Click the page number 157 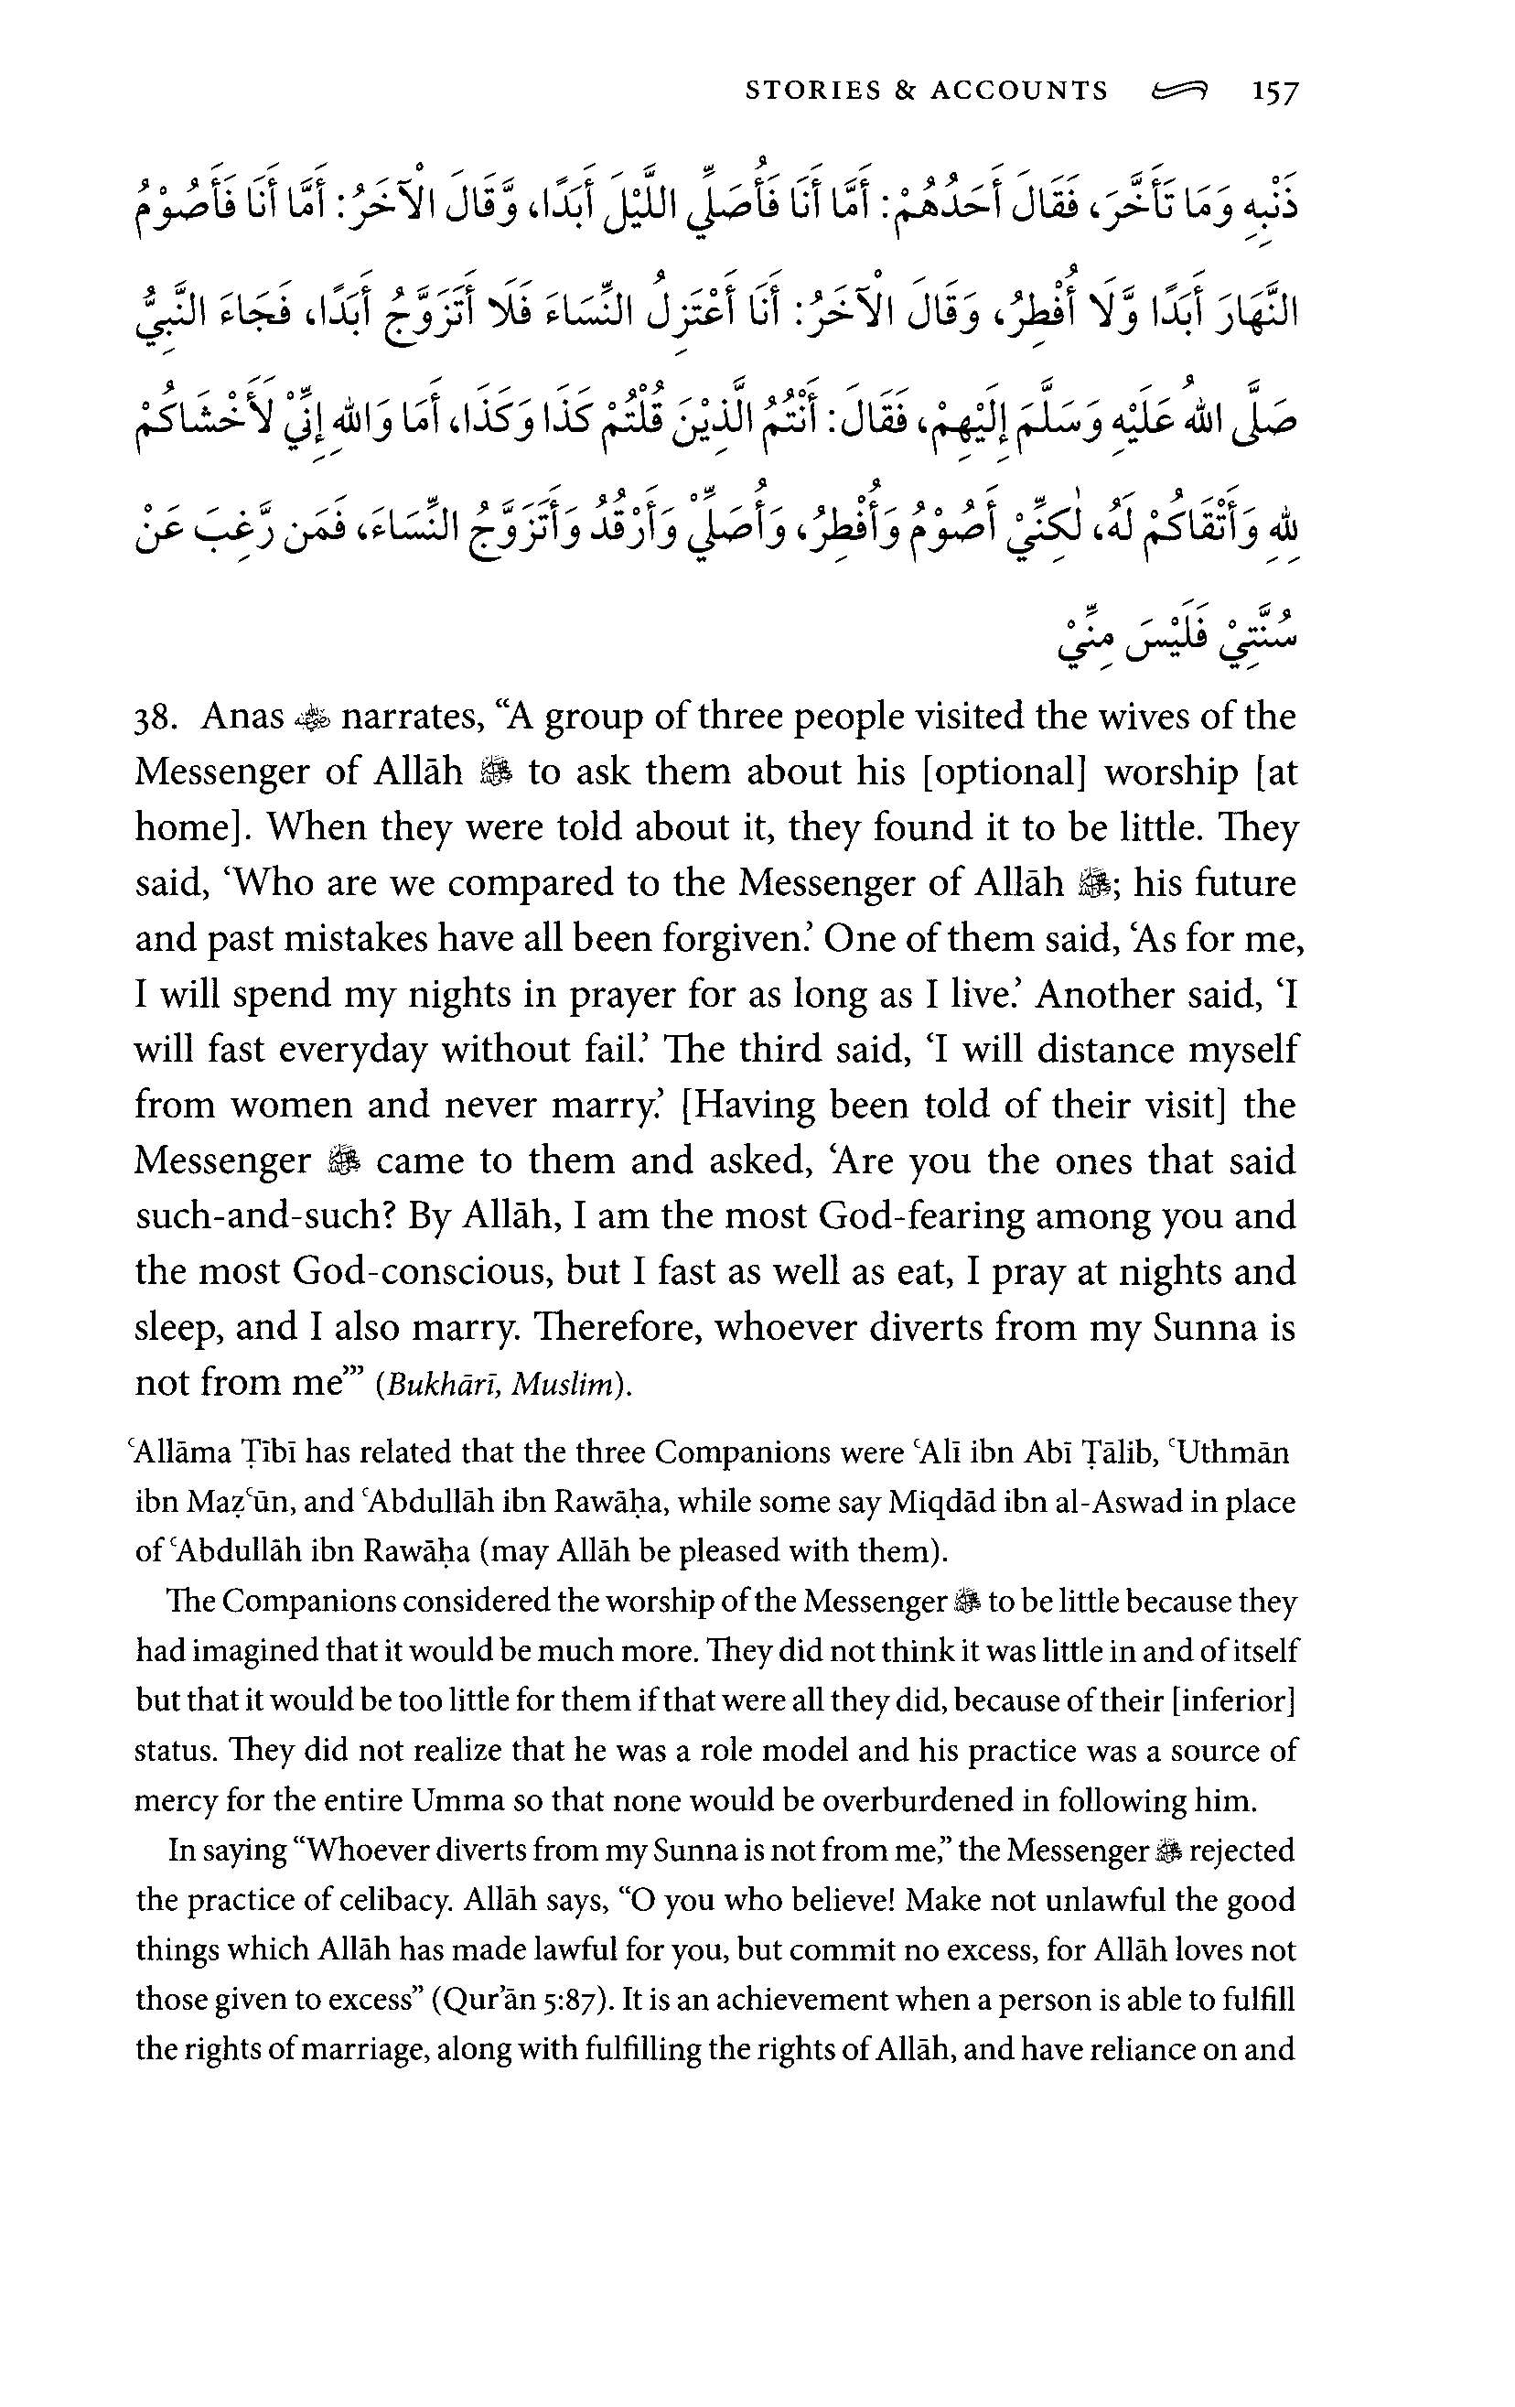(x=1274, y=92)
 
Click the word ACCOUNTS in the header (x=1019, y=91)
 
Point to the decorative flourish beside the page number (x=1179, y=92)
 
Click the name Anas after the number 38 (x=242, y=717)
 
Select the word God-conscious (x=422, y=1271)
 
